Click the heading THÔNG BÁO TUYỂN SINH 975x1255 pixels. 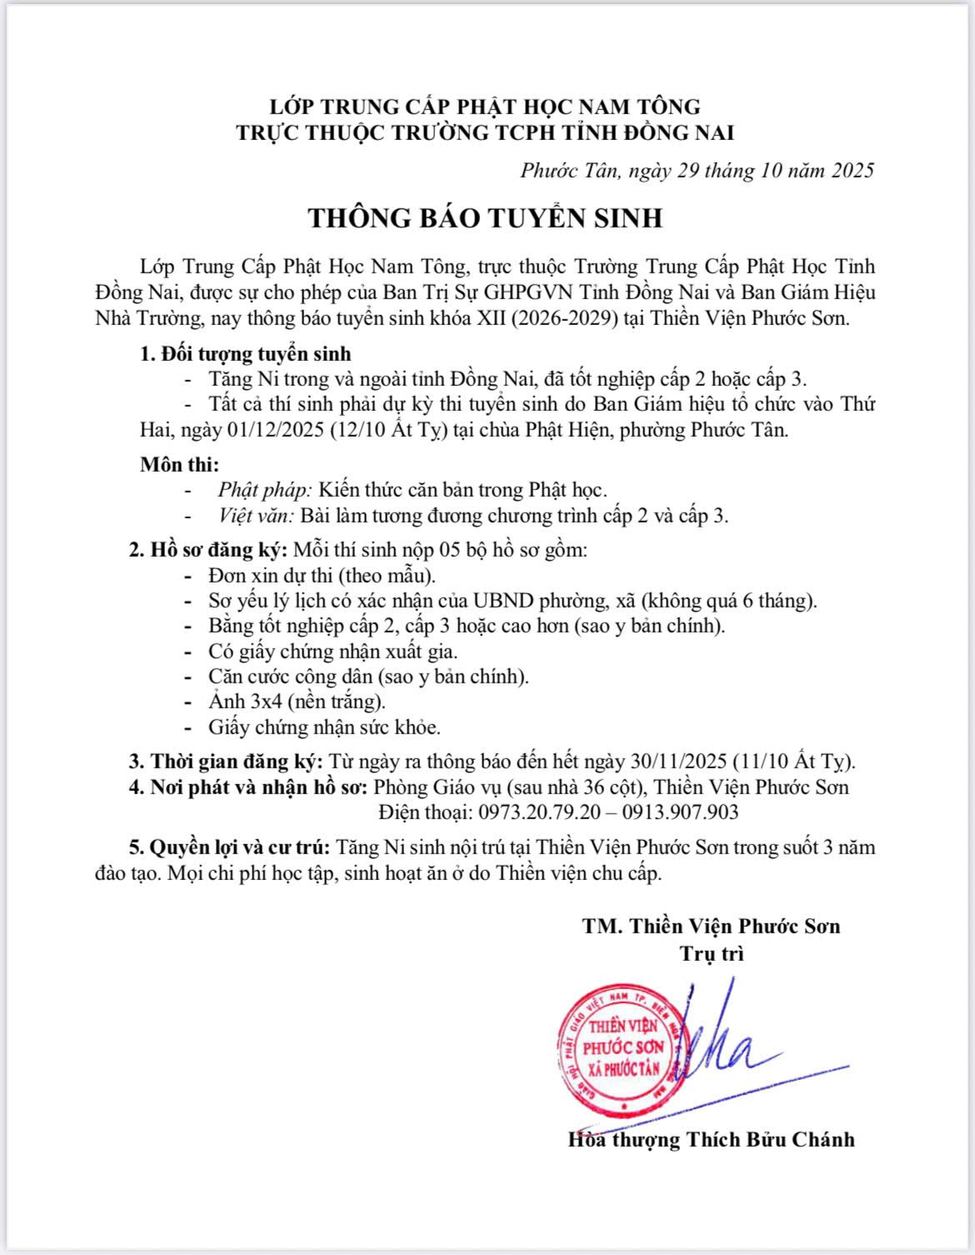coord(486,217)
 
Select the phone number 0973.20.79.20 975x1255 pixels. coord(535,812)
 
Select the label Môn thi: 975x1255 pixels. coord(180,464)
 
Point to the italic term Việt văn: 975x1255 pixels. coord(256,516)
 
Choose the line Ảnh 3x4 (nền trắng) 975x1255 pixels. coord(297,702)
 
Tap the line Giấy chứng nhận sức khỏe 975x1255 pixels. coord(324,727)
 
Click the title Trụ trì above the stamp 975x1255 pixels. coord(711,953)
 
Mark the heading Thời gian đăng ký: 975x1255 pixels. coord(237,761)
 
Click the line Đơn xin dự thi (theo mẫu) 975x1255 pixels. coord(322,576)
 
